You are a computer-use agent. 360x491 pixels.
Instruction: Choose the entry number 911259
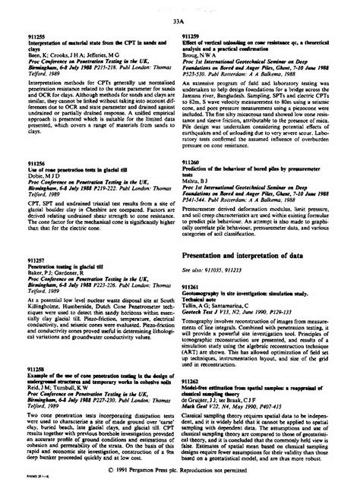point(193,35)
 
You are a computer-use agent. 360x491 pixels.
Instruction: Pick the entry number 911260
point(193,183)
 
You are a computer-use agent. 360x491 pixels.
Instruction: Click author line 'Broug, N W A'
point(202,55)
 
